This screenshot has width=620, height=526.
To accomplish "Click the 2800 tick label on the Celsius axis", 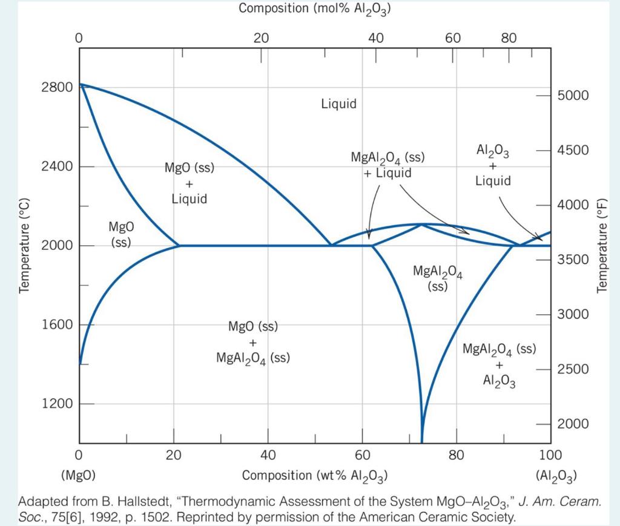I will pyautogui.click(x=56, y=87).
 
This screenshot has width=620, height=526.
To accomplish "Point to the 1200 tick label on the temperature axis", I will pyautogui.click(x=56, y=404).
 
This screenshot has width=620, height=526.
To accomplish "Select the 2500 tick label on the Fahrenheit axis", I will pyautogui.click(x=572, y=369).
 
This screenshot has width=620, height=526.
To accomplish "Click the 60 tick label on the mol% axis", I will pyautogui.click(x=453, y=38).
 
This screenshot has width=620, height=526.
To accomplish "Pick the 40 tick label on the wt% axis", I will pyautogui.click(x=268, y=455).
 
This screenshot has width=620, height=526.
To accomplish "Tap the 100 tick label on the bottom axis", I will pyautogui.click(x=550, y=455).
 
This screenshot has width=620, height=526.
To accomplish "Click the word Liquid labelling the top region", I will pyautogui.click(x=338, y=104).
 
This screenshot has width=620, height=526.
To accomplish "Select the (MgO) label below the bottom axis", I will pyautogui.click(x=78, y=476).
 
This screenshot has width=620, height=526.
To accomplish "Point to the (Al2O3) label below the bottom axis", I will pyautogui.click(x=556, y=476).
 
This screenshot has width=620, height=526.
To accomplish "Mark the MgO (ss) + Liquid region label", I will pyautogui.click(x=190, y=183).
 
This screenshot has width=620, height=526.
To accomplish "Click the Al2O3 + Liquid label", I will pyautogui.click(x=493, y=165).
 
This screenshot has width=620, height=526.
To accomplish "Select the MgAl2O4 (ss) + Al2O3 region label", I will pyautogui.click(x=499, y=366).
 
